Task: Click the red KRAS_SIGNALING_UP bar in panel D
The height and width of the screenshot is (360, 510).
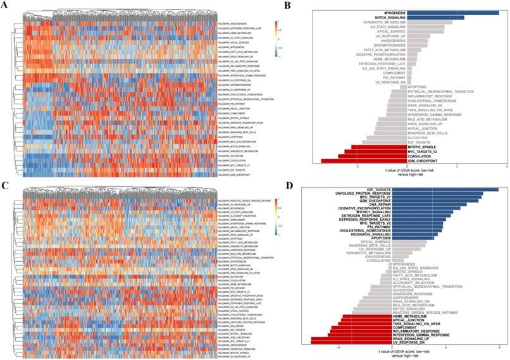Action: (358, 338)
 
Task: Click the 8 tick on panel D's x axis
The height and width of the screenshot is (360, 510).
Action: (499, 348)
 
